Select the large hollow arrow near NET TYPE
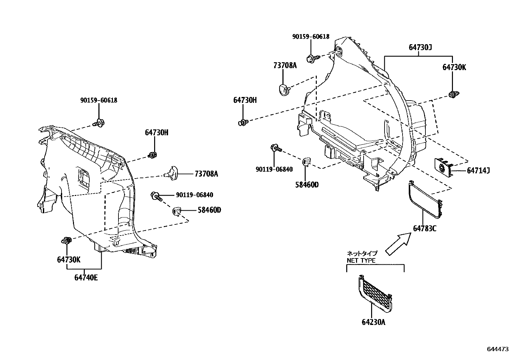coord(397,244)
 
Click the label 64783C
coord(424,228)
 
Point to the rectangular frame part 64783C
coord(424,200)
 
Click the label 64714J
coord(478,170)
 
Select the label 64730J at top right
coord(420,47)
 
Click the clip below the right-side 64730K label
coord(453,95)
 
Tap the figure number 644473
coord(498,349)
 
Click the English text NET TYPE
coord(361,261)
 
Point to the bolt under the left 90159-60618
coord(99,123)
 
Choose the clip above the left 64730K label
coord(66,241)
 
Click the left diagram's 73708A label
coord(206,174)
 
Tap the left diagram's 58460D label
coord(209,210)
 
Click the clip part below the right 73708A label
coord(283,88)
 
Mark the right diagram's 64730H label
coord(245,100)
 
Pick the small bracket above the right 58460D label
coord(306,161)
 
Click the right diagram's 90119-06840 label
coord(274,169)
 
